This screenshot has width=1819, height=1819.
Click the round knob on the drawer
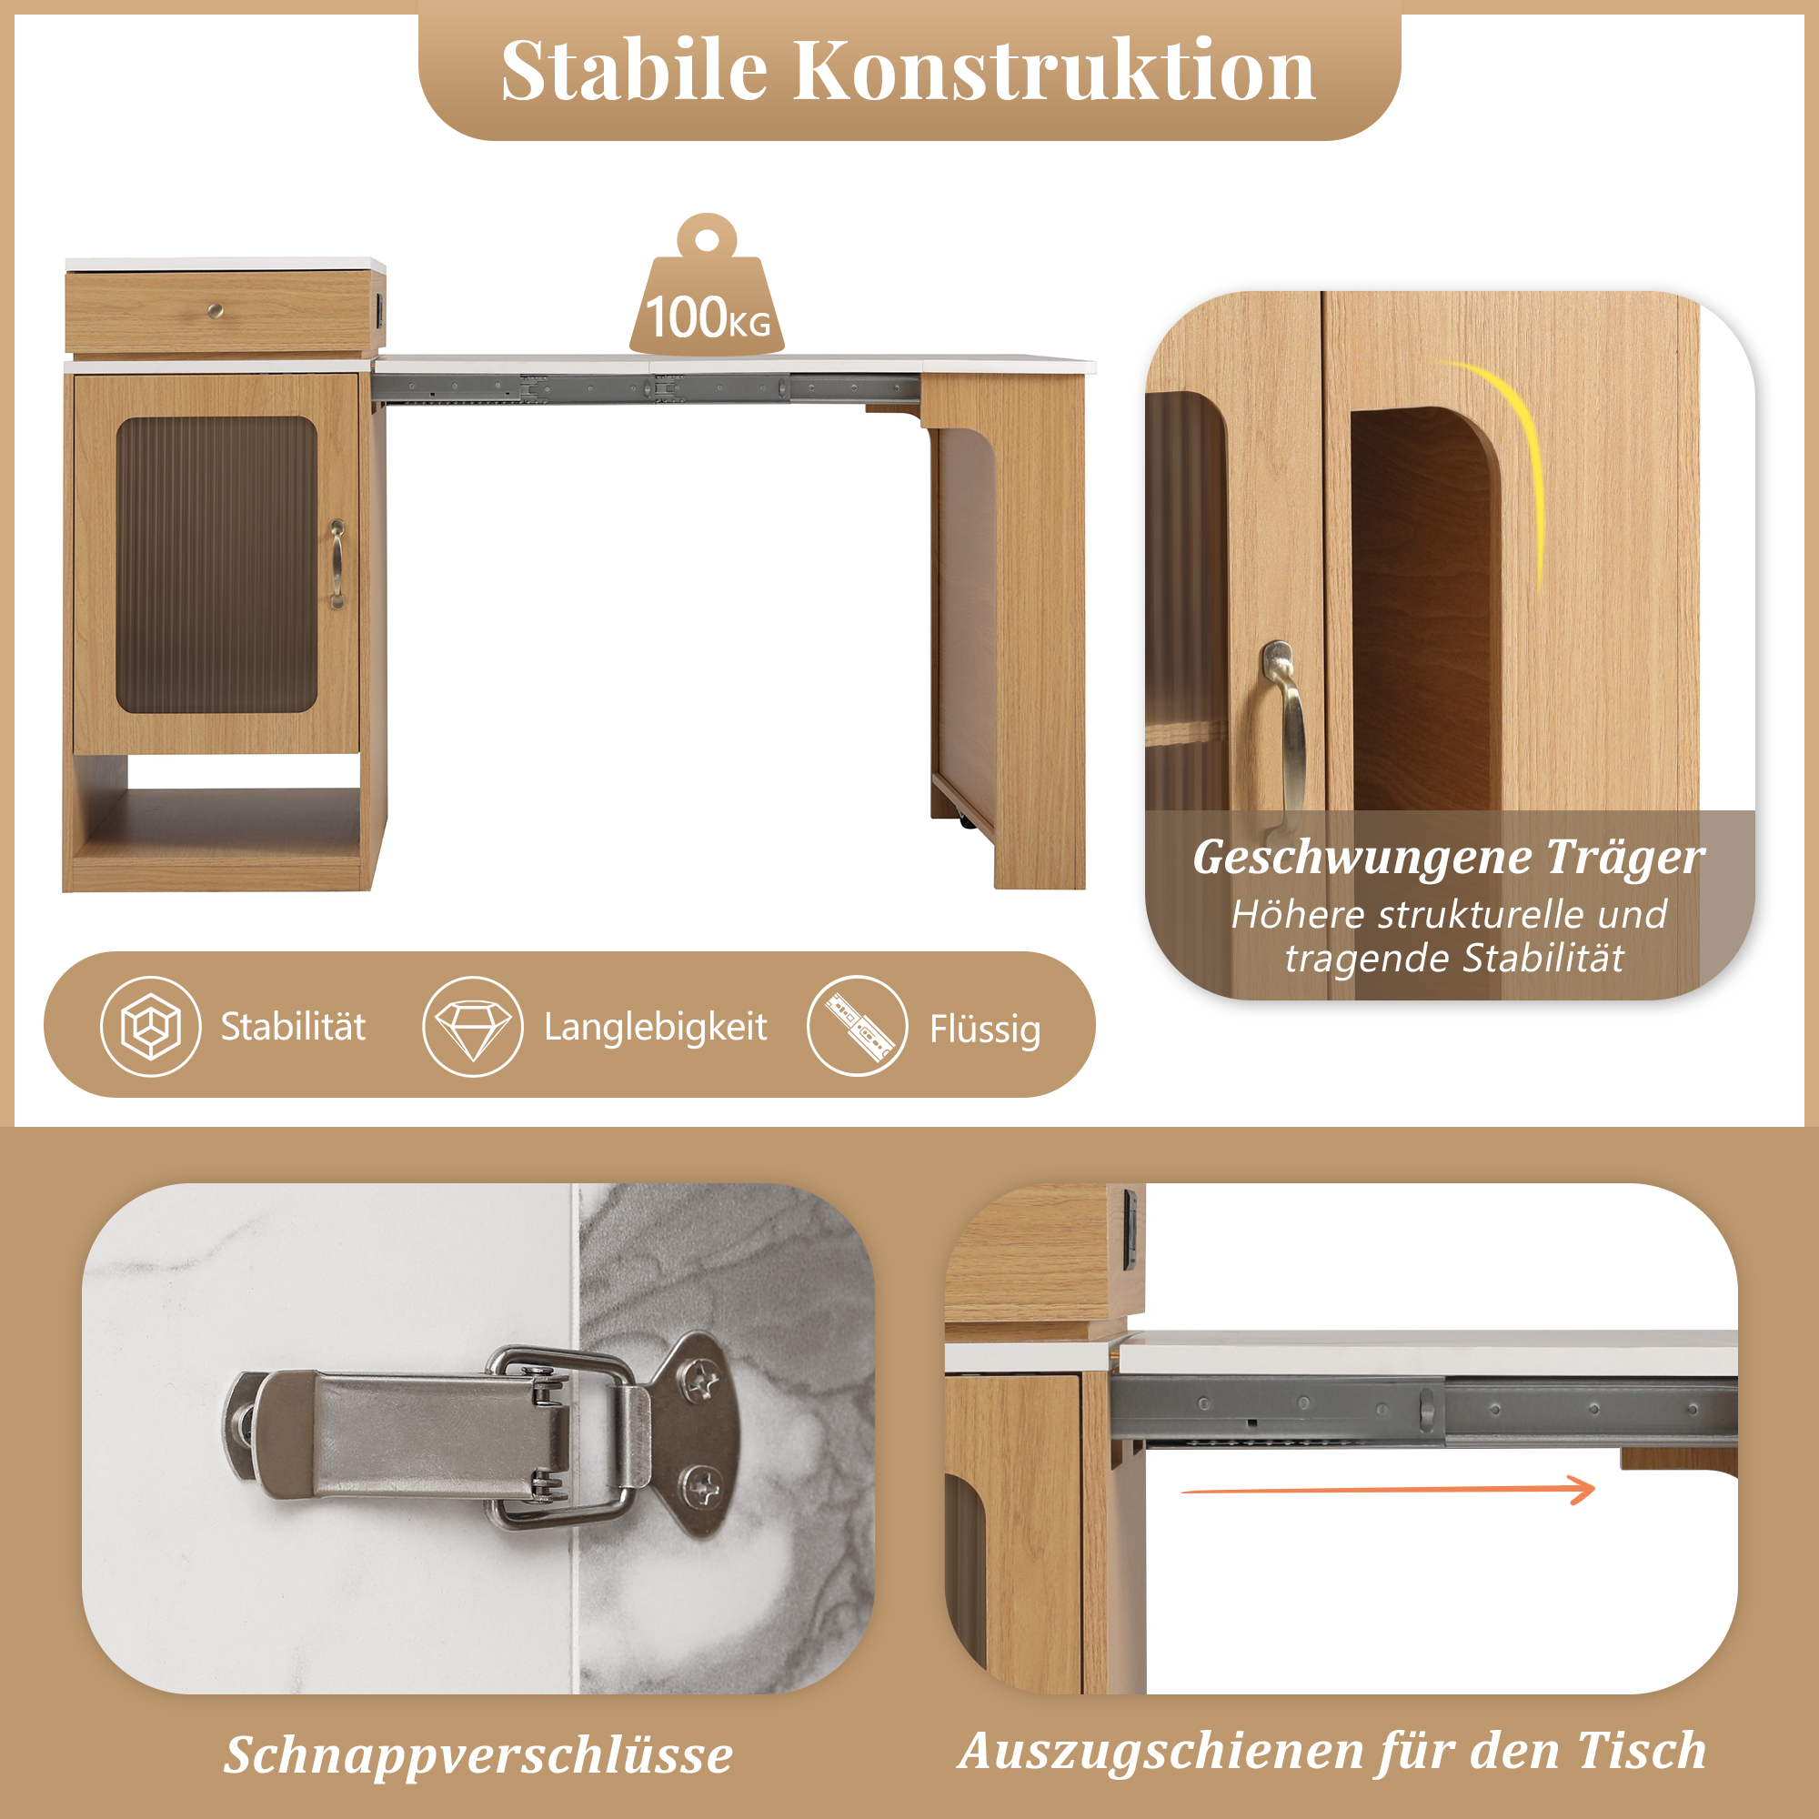[x=216, y=310]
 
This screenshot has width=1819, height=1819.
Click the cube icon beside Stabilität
[x=151, y=1026]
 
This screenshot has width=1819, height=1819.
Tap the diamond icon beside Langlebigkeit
[x=473, y=1026]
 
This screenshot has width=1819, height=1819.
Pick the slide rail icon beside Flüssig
[x=857, y=1026]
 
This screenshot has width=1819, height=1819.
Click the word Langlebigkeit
[x=655, y=1027]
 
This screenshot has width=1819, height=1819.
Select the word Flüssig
[x=985, y=1029]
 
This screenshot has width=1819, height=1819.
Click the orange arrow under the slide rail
[x=1388, y=1490]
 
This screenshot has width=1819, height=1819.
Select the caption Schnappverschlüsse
[x=478, y=1755]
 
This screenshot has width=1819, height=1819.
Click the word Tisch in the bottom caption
[x=1641, y=1751]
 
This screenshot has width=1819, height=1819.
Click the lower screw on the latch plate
[x=701, y=1487]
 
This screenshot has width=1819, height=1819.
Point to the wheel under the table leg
[x=968, y=821]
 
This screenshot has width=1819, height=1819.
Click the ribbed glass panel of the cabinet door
[x=216, y=565]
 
